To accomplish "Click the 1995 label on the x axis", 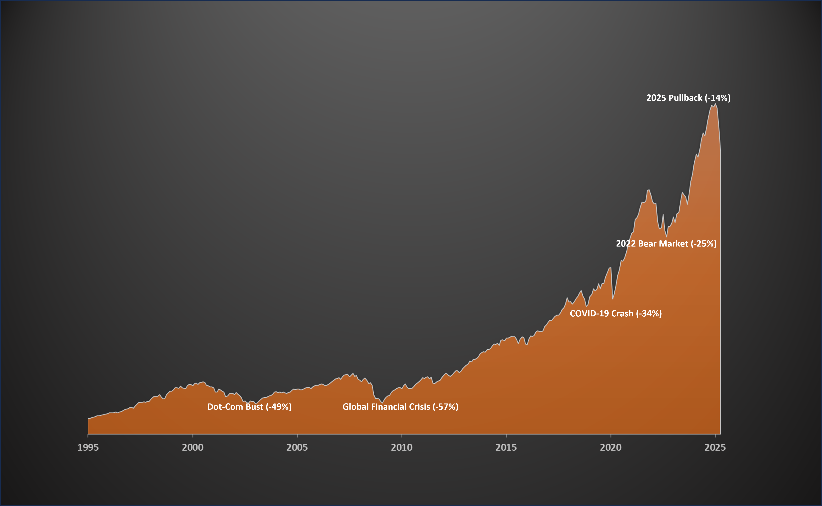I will pyautogui.click(x=88, y=448).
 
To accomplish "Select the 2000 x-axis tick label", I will pyautogui.click(x=193, y=448).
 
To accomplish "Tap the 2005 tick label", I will pyautogui.click(x=297, y=448).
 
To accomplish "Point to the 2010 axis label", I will pyautogui.click(x=402, y=448).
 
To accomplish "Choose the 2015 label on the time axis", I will pyautogui.click(x=506, y=448).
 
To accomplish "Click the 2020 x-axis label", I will pyautogui.click(x=611, y=448).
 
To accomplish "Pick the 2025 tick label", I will pyautogui.click(x=715, y=448).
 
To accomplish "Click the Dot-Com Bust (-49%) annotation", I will pyautogui.click(x=249, y=407).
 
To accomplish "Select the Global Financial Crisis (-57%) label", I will pyautogui.click(x=400, y=407).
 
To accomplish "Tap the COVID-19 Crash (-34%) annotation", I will pyautogui.click(x=616, y=314).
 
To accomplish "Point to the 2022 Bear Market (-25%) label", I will pyautogui.click(x=666, y=244).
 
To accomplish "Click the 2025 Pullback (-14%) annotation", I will pyautogui.click(x=688, y=98).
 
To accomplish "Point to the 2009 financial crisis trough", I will pyautogui.click(x=382, y=403).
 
